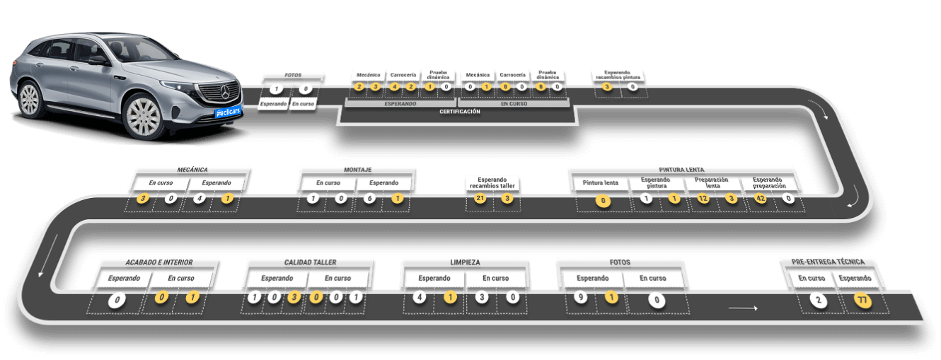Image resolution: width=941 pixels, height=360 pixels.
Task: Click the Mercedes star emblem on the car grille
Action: click(x=226, y=91)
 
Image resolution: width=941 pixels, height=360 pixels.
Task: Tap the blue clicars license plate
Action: click(x=229, y=112)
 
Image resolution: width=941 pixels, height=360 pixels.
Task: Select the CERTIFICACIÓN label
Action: click(x=459, y=112)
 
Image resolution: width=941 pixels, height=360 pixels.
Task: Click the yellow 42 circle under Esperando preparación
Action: click(x=761, y=199)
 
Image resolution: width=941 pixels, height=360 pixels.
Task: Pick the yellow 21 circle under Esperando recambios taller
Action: click(x=480, y=199)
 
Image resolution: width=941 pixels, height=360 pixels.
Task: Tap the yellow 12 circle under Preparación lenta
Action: click(x=703, y=199)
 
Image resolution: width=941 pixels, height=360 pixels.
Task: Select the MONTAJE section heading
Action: click(x=357, y=170)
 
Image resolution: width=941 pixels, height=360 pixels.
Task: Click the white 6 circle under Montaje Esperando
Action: click(x=369, y=199)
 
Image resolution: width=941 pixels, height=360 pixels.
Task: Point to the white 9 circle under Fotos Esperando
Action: click(x=579, y=298)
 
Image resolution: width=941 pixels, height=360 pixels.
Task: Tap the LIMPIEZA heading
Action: click(x=465, y=262)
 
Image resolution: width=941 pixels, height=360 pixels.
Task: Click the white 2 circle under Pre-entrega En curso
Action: click(x=819, y=300)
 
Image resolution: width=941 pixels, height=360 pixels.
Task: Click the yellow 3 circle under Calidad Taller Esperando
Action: click(x=293, y=298)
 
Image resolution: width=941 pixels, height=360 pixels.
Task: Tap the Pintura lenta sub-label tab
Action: click(x=601, y=182)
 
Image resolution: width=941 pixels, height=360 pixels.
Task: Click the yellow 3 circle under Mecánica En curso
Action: click(x=144, y=199)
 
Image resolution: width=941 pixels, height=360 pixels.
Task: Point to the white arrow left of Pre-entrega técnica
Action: click(x=743, y=308)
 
